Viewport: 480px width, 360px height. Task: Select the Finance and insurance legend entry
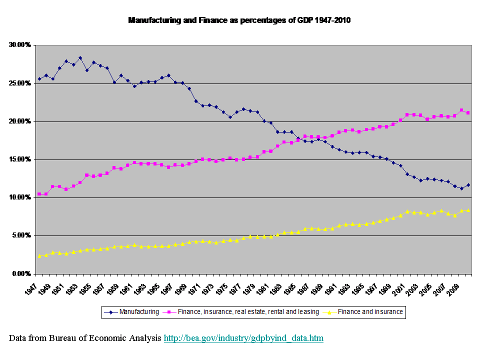pos(370,312)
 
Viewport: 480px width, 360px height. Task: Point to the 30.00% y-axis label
pos(20,45)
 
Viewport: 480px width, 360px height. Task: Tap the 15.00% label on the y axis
pos(20,159)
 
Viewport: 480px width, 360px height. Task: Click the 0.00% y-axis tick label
pos(21,274)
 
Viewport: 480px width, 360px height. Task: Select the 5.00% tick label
pos(21,235)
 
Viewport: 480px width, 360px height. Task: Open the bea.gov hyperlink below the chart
pos(243,338)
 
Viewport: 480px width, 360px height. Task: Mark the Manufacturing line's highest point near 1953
pos(80,58)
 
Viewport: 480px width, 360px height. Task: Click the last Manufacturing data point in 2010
pos(468,185)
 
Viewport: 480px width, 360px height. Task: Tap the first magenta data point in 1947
pos(39,194)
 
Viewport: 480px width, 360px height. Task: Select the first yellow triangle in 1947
pos(39,255)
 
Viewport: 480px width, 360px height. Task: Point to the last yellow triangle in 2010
pos(468,210)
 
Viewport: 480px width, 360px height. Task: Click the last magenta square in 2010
pos(468,113)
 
